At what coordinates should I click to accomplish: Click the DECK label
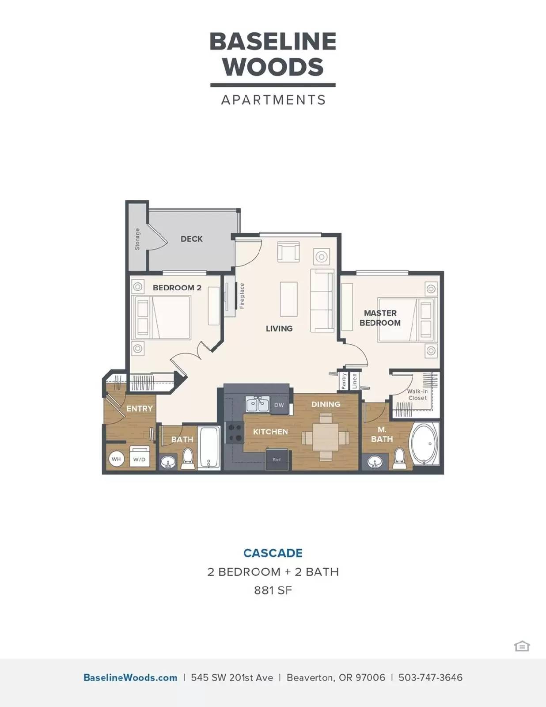[x=192, y=239]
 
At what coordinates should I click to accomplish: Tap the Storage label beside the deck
[x=137, y=239]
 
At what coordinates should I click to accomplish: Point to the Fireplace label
[x=242, y=296]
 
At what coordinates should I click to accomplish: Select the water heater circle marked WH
[x=116, y=459]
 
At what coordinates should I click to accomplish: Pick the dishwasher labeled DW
[x=279, y=405]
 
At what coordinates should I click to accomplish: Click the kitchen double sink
[x=257, y=405]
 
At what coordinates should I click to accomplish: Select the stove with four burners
[x=235, y=433]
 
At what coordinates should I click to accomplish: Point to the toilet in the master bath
[x=399, y=458]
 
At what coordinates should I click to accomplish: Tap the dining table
[x=325, y=437]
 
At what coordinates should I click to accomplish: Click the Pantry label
[x=344, y=381]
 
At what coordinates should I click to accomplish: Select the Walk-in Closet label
[x=417, y=395]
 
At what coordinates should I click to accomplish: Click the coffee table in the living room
[x=289, y=299]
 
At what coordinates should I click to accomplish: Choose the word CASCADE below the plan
[x=273, y=553]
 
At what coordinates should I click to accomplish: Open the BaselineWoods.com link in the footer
[x=130, y=677]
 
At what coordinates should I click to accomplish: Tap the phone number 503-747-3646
[x=431, y=677]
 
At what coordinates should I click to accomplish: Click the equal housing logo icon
[x=522, y=646]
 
